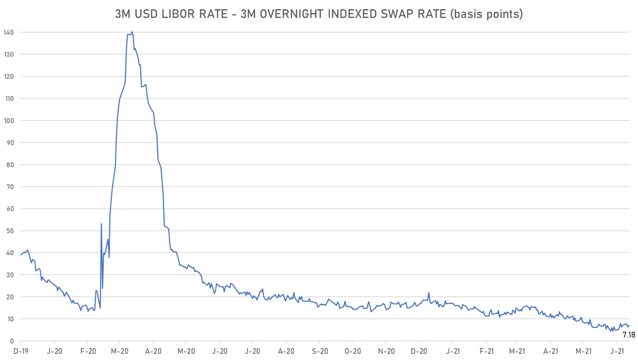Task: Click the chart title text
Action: click(x=319, y=14)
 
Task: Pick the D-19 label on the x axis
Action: click(x=20, y=351)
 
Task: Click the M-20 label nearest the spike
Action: click(x=120, y=351)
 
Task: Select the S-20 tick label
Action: click(x=319, y=351)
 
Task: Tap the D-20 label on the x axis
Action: click(x=419, y=351)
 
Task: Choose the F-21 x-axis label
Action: click(x=485, y=351)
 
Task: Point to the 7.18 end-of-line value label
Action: click(x=628, y=335)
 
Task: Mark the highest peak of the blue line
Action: click(x=132, y=32)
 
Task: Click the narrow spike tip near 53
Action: click(x=101, y=224)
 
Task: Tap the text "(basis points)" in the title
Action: click(x=485, y=14)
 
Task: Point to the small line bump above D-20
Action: click(x=429, y=292)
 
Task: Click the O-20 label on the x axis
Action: click(x=352, y=351)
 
